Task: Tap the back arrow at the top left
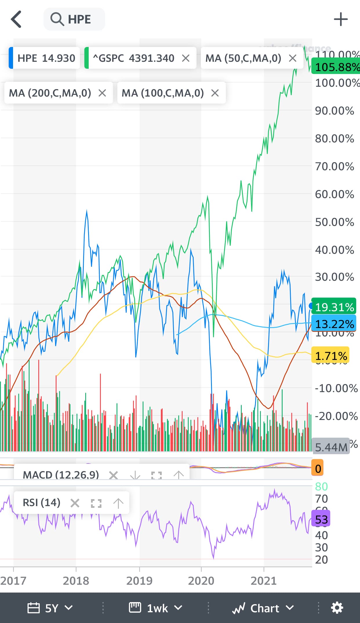16,19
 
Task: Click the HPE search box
74,19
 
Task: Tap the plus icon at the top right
341,19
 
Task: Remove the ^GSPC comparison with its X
186,58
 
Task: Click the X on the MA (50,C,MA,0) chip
293,58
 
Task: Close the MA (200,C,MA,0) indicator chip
102,93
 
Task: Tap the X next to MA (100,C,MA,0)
215,93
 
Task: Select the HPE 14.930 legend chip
45,58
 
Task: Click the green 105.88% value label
336,67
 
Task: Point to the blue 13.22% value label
334,324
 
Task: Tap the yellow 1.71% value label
330,356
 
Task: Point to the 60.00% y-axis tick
334,194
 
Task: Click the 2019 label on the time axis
139,581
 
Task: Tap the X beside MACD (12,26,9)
113,475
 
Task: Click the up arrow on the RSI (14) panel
118,503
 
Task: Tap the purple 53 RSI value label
321,519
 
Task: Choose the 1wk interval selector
156,608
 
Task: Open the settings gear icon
337,608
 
